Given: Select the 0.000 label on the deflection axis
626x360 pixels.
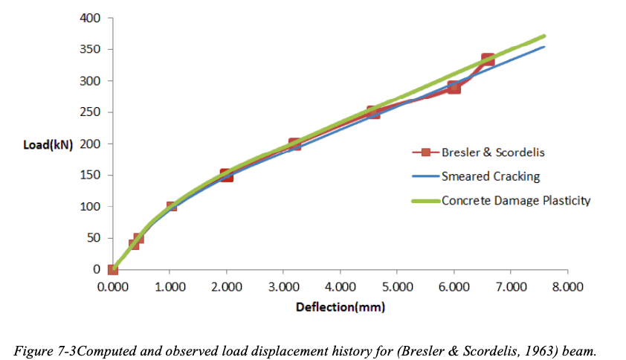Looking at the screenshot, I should pyautogui.click(x=113, y=286).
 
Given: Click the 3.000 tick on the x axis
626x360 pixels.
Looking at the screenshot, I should pyautogui.click(x=283, y=286).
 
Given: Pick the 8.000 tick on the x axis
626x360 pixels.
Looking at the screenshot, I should pyautogui.click(x=567, y=286).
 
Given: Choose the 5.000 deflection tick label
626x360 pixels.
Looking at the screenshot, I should pyautogui.click(x=396, y=286).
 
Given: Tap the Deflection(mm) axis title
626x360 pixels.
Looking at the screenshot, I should pyautogui.click(x=341, y=306).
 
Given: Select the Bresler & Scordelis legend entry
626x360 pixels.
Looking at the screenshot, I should pyautogui.click(x=491, y=152).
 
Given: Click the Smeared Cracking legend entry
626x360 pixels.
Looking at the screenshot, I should pyautogui.click(x=490, y=176).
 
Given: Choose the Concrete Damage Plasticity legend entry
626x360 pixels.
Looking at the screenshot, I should pyautogui.click(x=516, y=200).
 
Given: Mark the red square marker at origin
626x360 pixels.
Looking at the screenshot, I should pyautogui.click(x=113, y=270).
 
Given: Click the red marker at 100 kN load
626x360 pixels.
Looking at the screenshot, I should pyautogui.click(x=171, y=206).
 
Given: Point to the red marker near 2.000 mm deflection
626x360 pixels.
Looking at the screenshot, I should pyautogui.click(x=227, y=176).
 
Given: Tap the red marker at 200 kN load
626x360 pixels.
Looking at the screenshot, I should pyautogui.click(x=294, y=144).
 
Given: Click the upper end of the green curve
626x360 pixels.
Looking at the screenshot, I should pyautogui.click(x=545, y=36).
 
